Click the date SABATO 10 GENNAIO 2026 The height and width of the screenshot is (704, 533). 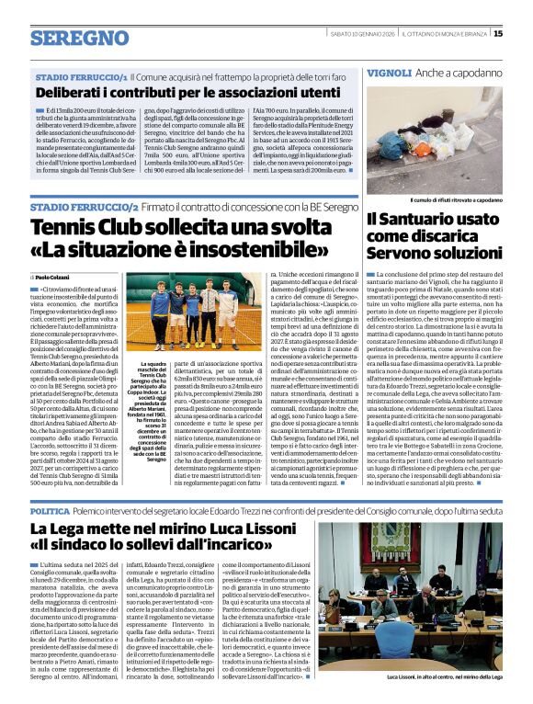361,34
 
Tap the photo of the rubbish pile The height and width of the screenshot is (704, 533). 434,138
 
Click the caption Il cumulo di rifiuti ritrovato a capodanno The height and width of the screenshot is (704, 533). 435,199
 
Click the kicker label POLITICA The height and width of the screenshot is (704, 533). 50,510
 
